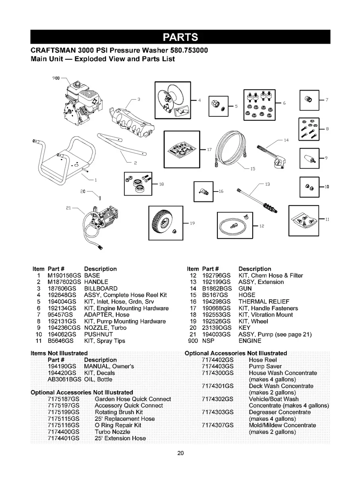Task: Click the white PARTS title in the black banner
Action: pos(180,37)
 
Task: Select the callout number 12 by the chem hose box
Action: pos(262,225)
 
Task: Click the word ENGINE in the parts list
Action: pos(250,341)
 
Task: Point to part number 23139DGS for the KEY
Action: pos(215,328)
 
